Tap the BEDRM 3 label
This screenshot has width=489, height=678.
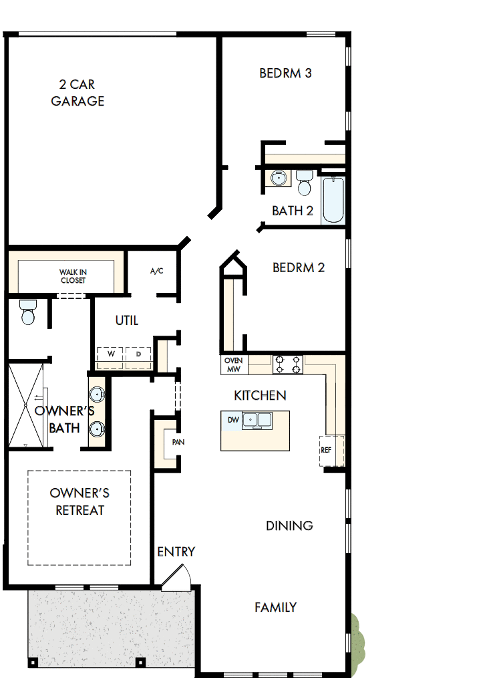(x=285, y=73)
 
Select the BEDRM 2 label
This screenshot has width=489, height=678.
(x=299, y=267)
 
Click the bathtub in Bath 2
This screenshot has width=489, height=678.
(x=333, y=200)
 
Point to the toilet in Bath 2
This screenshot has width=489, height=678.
(x=305, y=181)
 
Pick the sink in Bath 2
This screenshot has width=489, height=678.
(x=279, y=179)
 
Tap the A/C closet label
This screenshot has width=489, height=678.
(x=156, y=271)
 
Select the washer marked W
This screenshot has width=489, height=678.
(x=111, y=354)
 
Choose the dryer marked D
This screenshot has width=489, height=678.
(x=138, y=354)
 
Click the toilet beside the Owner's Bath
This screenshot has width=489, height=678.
(x=28, y=312)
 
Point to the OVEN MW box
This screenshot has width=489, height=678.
(x=234, y=364)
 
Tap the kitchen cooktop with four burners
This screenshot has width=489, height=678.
(x=288, y=364)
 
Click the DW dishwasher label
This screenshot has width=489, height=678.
(x=233, y=421)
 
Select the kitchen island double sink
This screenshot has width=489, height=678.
(x=257, y=421)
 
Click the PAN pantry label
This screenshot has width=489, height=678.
(x=178, y=442)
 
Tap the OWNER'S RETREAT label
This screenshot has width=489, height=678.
(x=79, y=501)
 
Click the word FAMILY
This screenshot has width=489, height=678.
(x=275, y=607)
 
